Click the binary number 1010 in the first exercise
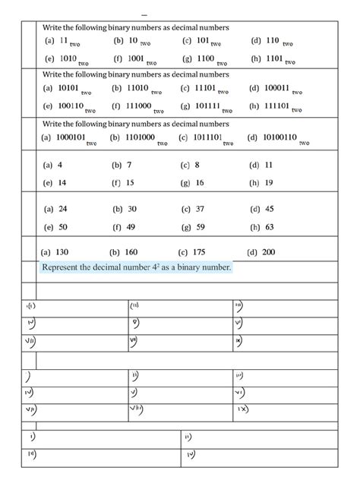click(68, 57)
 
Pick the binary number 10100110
click(280, 137)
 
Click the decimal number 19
click(269, 182)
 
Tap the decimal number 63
click(269, 226)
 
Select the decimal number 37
click(200, 208)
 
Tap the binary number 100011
click(276, 88)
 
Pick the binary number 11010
click(138, 88)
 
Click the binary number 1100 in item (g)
click(206, 57)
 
